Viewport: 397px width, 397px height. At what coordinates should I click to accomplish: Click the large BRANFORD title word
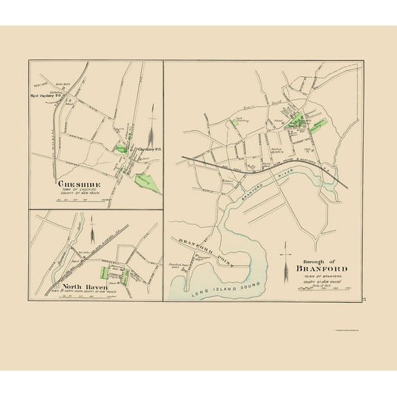[315, 267]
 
